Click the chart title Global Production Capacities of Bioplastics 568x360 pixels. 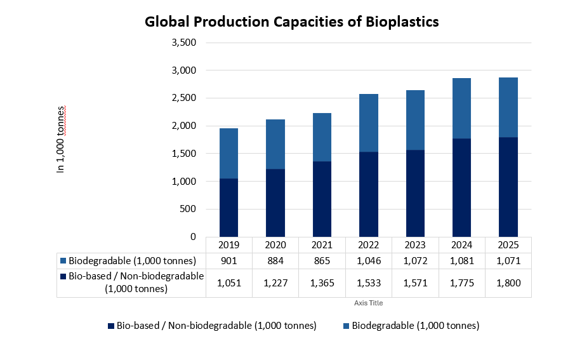tap(292, 22)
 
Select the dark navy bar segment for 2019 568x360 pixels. tap(228, 208)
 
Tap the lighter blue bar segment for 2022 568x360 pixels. tap(369, 123)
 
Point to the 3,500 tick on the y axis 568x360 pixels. tap(184, 43)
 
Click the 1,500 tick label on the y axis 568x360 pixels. tap(184, 154)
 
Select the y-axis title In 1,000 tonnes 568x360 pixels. tap(61, 140)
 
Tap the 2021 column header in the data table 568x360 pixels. tap(322, 245)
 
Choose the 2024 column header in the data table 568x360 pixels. tap(461, 245)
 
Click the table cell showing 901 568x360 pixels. tap(228, 261)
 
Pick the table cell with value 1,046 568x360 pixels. tap(369, 261)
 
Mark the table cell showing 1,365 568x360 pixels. tap(322, 283)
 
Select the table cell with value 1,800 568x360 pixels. tap(508, 283)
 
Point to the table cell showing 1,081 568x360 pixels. tap(461, 261)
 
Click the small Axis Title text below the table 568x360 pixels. tap(368, 303)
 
